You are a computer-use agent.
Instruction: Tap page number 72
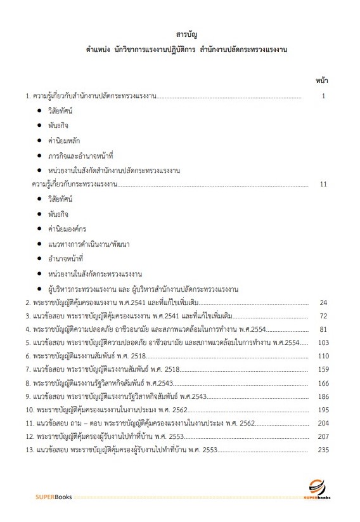(x=323, y=316)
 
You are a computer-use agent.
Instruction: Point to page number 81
(x=323, y=330)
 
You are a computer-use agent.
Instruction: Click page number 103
(x=323, y=343)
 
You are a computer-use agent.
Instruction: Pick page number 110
(x=323, y=356)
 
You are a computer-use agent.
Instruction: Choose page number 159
(x=323, y=370)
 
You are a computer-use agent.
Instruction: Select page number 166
(x=323, y=384)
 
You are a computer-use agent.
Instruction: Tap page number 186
(x=323, y=396)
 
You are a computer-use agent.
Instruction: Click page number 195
(x=323, y=410)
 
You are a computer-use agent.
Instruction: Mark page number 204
(x=323, y=423)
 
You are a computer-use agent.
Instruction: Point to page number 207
(x=323, y=437)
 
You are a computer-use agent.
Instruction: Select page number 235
(x=323, y=450)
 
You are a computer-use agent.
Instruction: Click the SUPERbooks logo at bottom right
(x=316, y=488)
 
